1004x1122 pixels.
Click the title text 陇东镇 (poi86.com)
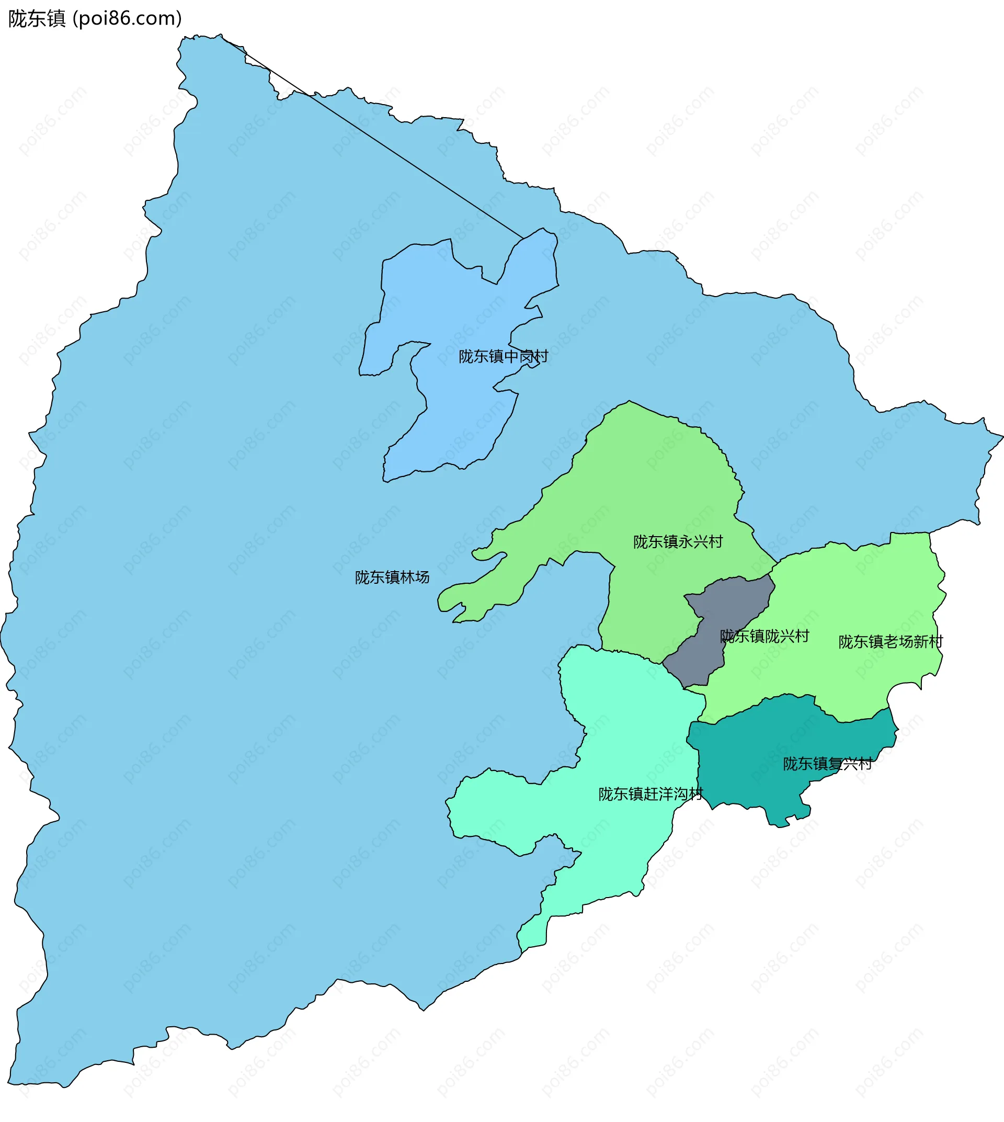tap(95, 19)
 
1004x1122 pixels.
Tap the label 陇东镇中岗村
tap(503, 357)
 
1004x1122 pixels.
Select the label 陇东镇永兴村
tap(677, 541)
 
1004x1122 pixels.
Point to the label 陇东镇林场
tap(392, 577)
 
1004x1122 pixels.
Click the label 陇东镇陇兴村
tap(764, 637)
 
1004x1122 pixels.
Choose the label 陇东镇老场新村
tap(891, 642)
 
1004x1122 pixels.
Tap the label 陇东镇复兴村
tap(827, 764)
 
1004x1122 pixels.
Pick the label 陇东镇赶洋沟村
tap(651, 794)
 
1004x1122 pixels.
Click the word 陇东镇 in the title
tap(37, 19)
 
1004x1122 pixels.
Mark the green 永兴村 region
tap(662, 485)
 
